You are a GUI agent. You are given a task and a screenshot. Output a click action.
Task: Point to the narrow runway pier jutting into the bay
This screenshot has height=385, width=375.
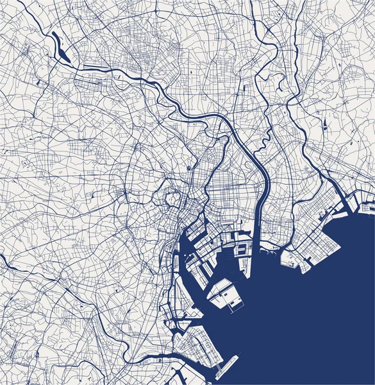226,366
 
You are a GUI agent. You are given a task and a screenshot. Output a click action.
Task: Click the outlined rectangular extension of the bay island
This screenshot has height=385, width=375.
236,305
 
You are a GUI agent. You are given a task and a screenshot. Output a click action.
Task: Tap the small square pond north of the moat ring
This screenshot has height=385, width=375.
188,168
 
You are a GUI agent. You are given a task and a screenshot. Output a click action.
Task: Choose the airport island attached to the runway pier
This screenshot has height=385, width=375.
199,346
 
